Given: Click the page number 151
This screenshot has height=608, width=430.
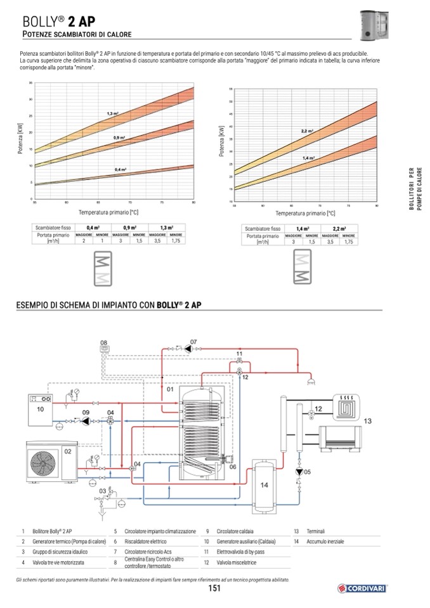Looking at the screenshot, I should [214, 589].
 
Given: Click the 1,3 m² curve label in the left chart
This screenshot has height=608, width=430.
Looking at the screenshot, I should [113, 113].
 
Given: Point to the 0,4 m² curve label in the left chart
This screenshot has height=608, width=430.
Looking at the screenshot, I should [121, 170].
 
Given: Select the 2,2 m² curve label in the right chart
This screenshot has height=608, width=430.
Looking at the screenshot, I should [307, 131].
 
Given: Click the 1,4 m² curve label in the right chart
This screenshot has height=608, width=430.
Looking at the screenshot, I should [308, 158].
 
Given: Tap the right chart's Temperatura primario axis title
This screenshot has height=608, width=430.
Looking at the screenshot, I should [305, 213].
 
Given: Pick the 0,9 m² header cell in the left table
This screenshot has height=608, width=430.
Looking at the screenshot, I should [131, 228].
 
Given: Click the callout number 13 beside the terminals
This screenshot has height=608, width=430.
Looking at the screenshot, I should [368, 421].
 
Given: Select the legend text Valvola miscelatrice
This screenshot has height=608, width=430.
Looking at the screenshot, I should [236, 562].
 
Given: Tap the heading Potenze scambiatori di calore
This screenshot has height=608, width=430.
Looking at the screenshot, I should [77, 34].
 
